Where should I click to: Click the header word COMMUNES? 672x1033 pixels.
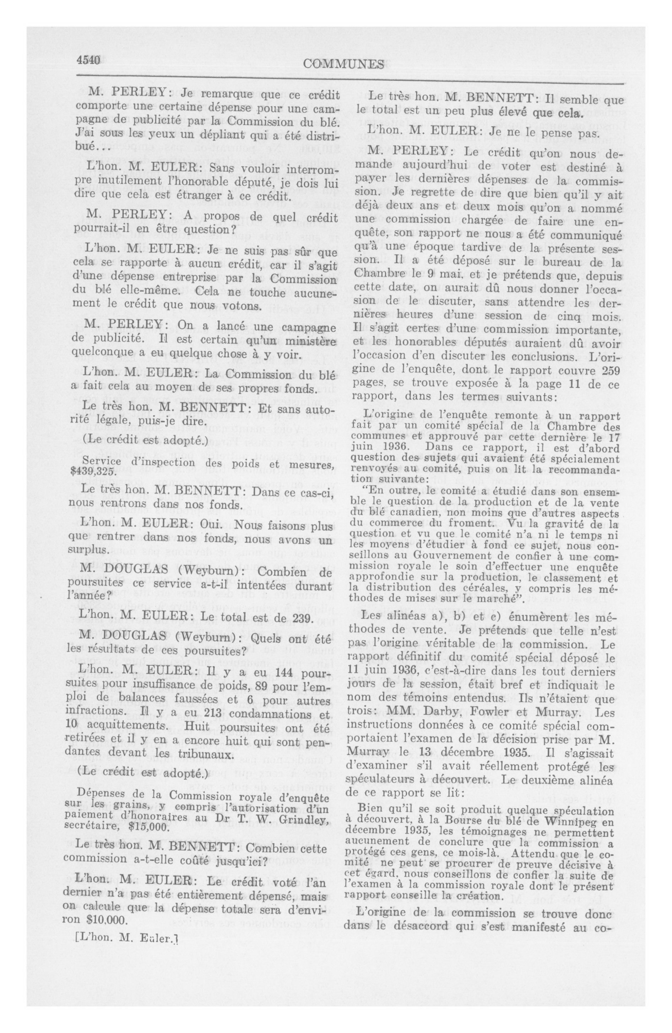click(x=343, y=64)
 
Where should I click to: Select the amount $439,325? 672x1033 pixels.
click(x=92, y=472)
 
